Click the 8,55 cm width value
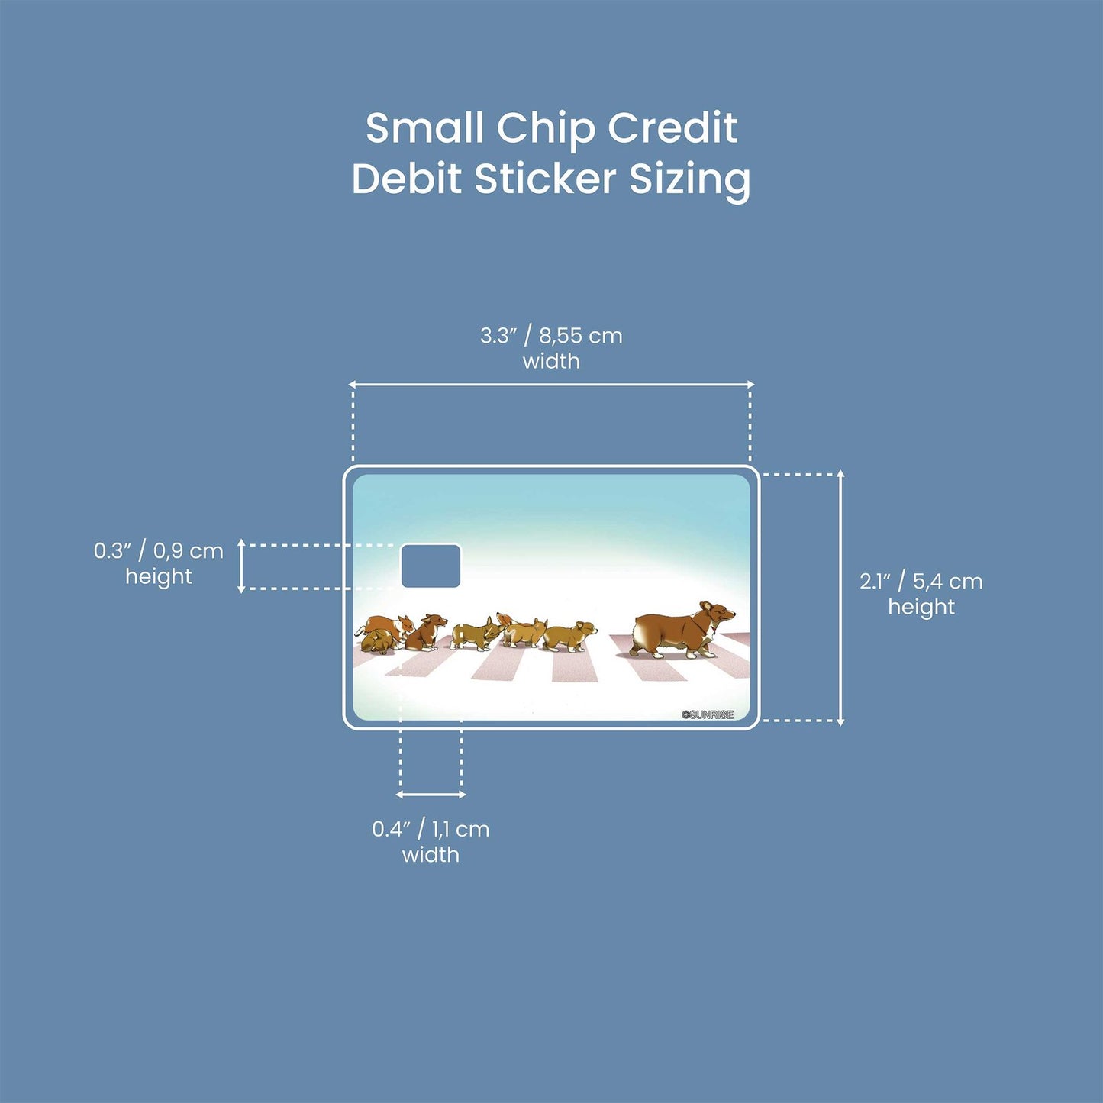[x=580, y=336]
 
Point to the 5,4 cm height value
[x=947, y=582]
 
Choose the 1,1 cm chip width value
[x=461, y=830]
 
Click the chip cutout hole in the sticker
[x=431, y=566]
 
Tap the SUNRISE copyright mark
[x=708, y=714]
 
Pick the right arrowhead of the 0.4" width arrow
[x=462, y=795]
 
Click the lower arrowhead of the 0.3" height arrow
[x=241, y=589]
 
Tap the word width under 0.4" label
[x=431, y=855]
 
